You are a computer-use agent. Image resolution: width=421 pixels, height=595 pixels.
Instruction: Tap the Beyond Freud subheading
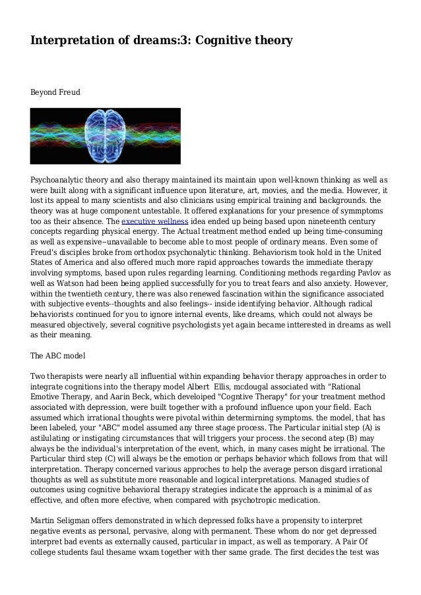(55, 94)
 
